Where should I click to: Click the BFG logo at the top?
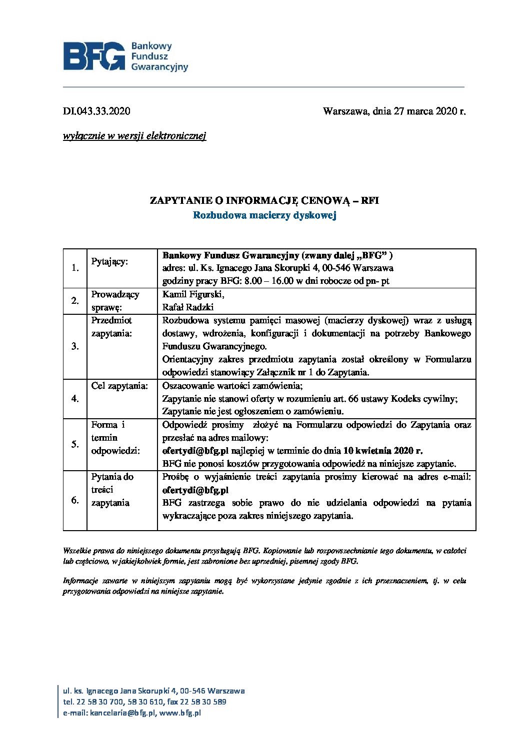pos(125,56)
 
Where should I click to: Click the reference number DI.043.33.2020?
pos(96,111)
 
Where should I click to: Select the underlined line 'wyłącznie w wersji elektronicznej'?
pos(134,136)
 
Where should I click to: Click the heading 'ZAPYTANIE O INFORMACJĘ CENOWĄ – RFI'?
pos(264,201)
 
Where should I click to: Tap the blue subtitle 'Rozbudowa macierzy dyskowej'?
pos(264,215)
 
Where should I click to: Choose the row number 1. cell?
pos(75,268)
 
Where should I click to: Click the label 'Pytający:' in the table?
pos(109,262)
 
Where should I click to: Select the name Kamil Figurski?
pos(193,294)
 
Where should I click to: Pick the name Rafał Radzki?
pos(187,307)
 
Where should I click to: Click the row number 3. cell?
pos(75,346)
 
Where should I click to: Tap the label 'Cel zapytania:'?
pos(119,386)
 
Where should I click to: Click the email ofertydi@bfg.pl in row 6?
pos(195,490)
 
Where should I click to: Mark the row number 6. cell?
pos(75,500)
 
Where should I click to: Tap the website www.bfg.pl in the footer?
pos(180,713)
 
